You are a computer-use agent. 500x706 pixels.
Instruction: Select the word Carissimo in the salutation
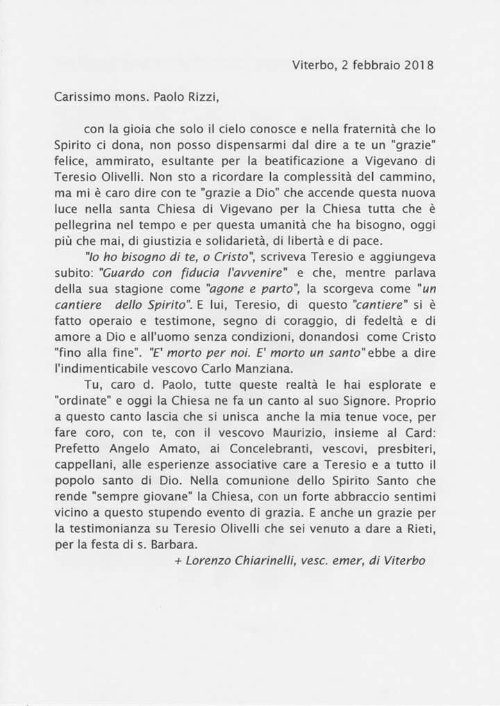79,97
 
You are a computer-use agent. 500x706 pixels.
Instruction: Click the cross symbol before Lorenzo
178,560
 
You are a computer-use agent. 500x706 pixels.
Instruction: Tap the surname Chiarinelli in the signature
261,560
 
